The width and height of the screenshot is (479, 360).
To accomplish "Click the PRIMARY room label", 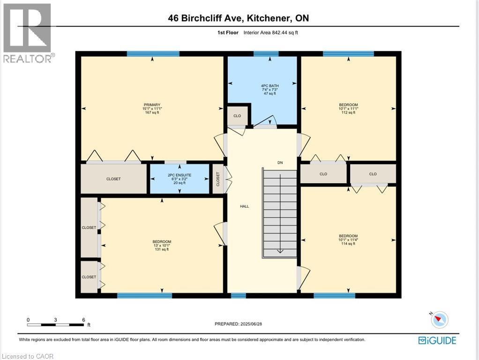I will (x=152, y=105).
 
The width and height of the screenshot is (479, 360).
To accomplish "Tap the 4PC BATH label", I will (x=269, y=86).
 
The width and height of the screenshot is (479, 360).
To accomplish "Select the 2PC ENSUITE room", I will (x=180, y=179).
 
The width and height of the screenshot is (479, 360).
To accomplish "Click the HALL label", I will (x=244, y=206).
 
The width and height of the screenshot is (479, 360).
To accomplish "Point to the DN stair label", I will (x=280, y=163).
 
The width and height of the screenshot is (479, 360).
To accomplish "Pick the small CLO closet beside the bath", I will (x=237, y=116).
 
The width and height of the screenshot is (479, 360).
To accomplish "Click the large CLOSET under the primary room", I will (x=113, y=179).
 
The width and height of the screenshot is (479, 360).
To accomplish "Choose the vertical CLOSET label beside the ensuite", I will (x=218, y=179).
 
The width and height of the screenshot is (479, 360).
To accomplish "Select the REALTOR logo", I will (x=28, y=33).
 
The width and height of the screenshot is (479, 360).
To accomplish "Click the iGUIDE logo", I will (x=437, y=340).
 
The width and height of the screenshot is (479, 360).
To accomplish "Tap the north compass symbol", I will (x=439, y=319).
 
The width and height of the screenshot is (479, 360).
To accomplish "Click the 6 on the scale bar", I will (x=83, y=320).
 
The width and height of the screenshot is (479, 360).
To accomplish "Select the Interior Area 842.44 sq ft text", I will (x=271, y=33).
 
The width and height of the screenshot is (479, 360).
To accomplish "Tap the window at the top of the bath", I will (x=266, y=54).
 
